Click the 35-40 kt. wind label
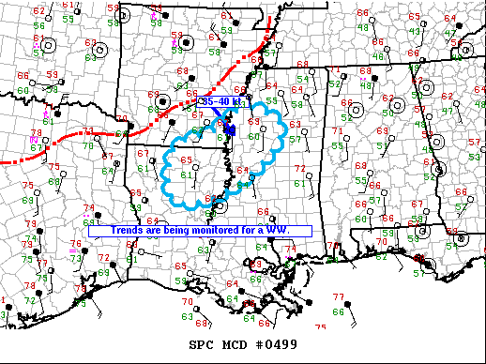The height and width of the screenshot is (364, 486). [222, 101]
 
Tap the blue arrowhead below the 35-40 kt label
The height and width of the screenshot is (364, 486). [230, 127]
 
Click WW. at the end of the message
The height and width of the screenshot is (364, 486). [279, 230]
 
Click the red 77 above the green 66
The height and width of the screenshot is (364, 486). [336, 297]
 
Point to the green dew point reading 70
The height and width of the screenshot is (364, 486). [85, 145]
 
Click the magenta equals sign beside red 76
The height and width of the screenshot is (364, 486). [73, 251]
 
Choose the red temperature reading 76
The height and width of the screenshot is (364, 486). [88, 244]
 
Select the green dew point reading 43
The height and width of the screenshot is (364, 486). [415, 30]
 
